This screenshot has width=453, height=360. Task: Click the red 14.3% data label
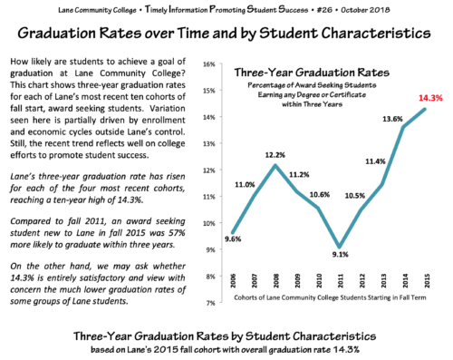(429, 96)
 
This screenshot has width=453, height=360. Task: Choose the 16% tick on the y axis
(207, 65)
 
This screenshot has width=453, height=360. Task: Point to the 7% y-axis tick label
(208, 302)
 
